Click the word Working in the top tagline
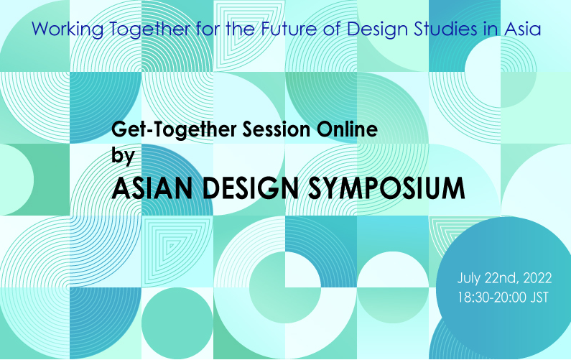click(x=68, y=29)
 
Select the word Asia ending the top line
click(x=522, y=29)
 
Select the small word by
click(x=123, y=157)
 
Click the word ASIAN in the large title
click(x=152, y=188)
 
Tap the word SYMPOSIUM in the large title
click(x=386, y=188)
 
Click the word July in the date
click(x=469, y=279)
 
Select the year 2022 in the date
click(x=537, y=278)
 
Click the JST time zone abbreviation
click(x=539, y=297)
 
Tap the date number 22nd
click(x=501, y=279)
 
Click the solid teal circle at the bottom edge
click(x=177, y=323)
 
